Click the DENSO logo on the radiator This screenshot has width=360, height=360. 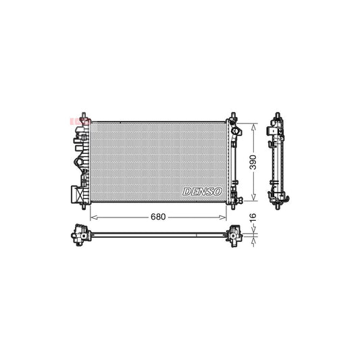203,192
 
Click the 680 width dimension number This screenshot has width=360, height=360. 157,217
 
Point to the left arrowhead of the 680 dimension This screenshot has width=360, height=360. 93,217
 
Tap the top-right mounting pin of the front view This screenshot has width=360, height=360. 234,115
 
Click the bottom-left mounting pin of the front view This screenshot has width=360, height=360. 82,205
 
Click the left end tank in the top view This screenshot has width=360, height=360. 81,235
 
